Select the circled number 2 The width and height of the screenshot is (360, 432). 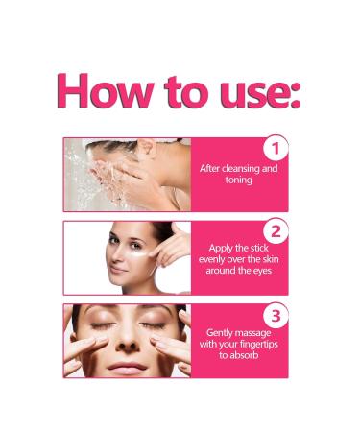(276, 230)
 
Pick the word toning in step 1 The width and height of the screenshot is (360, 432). (239, 180)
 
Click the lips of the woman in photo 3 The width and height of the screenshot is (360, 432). (127, 366)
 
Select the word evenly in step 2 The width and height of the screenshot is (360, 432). (216, 259)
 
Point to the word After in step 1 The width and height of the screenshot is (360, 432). (210, 169)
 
